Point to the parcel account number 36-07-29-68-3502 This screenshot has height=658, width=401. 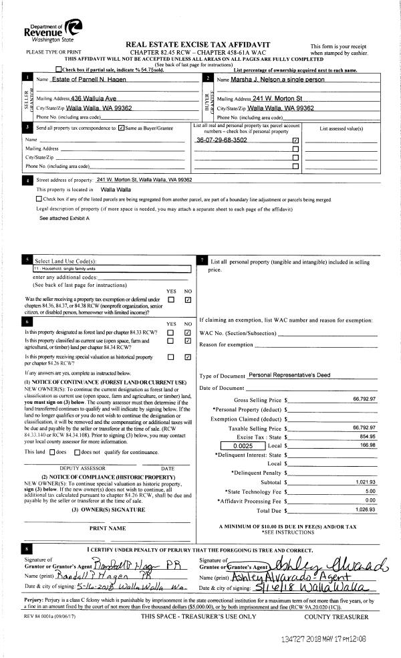click(221, 140)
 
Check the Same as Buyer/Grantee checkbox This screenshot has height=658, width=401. click(121, 127)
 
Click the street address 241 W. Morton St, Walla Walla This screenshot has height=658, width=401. click(144, 180)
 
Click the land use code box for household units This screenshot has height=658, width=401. click(112, 269)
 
